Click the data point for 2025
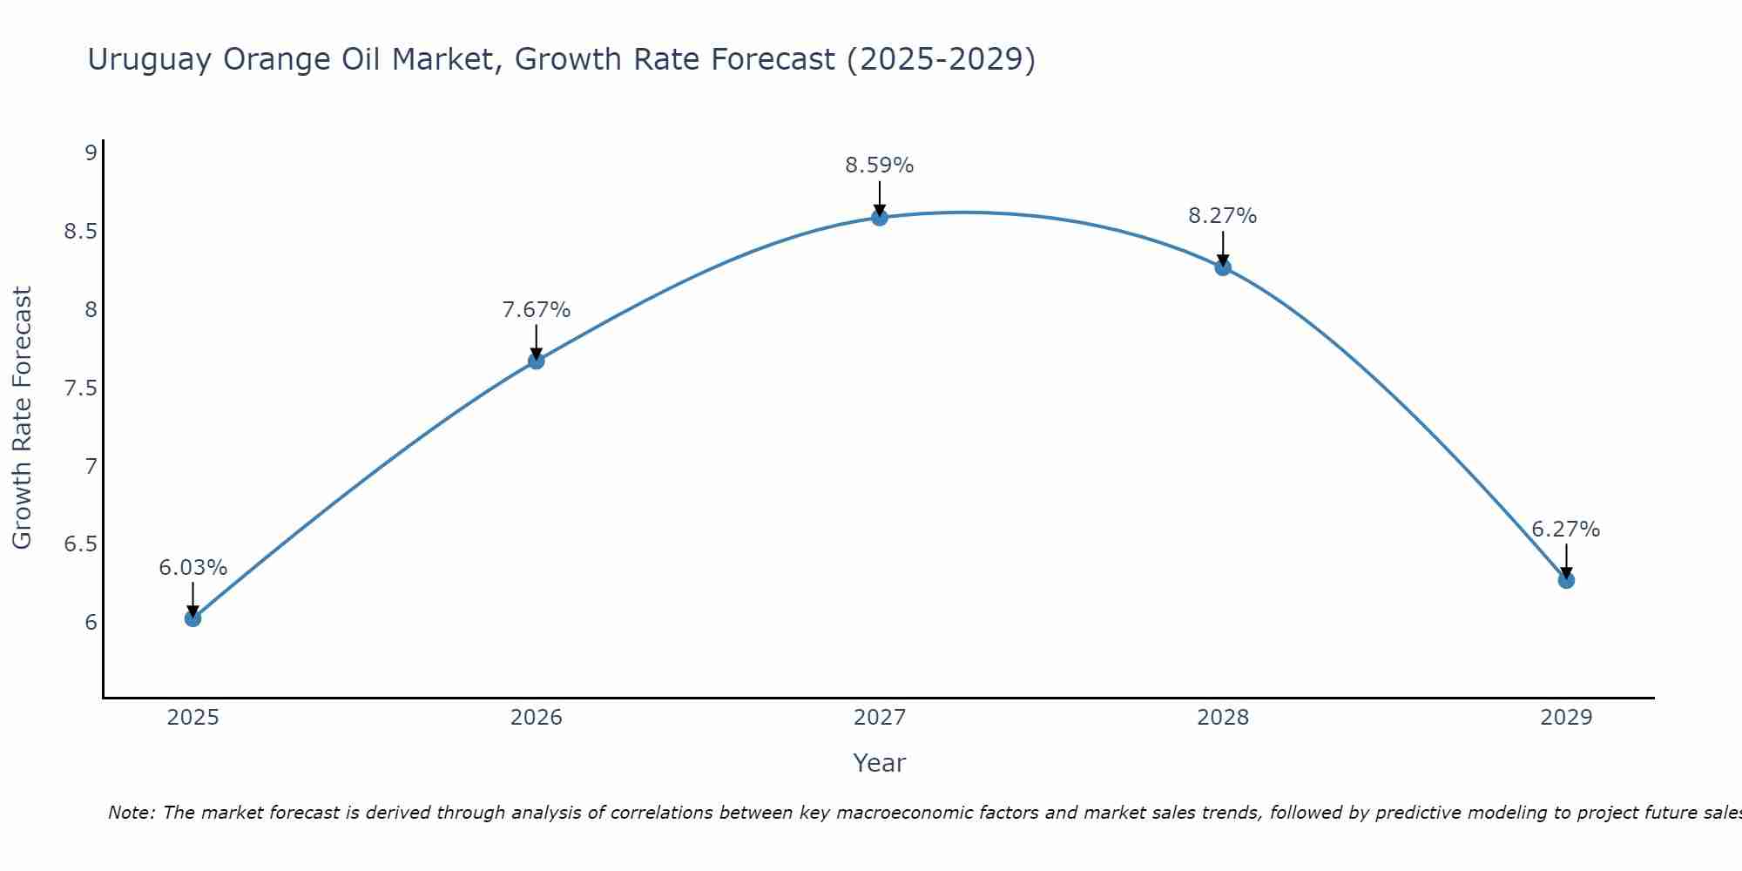192,618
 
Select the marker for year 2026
537,361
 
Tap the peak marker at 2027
880,217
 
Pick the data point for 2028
1223,267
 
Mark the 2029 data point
1566,580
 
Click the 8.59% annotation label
880,165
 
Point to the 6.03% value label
192,568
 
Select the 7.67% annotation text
537,310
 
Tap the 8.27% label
1223,216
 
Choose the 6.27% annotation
1566,530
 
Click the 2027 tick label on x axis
880,718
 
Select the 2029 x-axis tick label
1566,718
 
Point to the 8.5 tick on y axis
80,232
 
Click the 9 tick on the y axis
91,153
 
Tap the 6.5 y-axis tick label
80,544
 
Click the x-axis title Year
880,763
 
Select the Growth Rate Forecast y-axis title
23,418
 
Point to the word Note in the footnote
131,813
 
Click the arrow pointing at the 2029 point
1566,562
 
